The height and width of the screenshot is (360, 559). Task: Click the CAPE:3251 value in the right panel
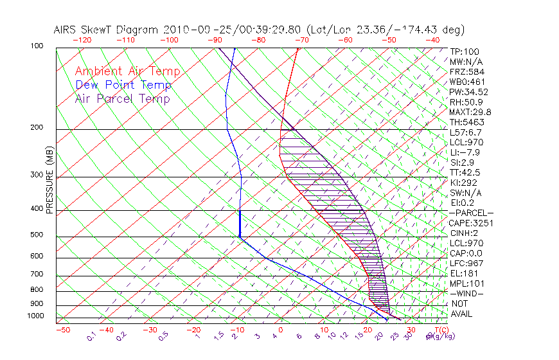470,223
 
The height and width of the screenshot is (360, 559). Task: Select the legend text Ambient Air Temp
127,71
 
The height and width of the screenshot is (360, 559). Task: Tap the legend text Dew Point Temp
123,85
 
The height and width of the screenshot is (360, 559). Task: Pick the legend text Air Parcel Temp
122,98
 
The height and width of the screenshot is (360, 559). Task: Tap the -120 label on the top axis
81,40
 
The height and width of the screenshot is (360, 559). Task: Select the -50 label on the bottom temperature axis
62,330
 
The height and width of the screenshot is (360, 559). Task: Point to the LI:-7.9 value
464,152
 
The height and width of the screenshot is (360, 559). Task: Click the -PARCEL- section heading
471,213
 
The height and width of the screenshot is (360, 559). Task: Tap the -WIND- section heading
467,293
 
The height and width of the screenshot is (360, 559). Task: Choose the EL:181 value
463,273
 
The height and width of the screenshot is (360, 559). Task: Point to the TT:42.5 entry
465,172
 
